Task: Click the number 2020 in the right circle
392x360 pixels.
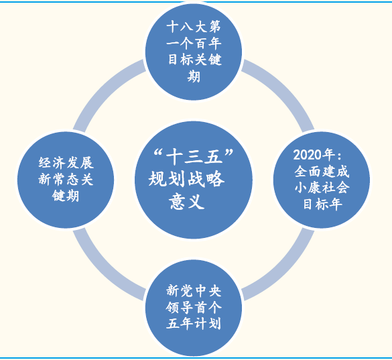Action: click(307, 155)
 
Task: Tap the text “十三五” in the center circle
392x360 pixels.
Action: click(194, 157)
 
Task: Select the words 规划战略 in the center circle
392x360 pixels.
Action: click(186, 179)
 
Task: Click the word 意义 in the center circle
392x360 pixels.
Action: click(186, 202)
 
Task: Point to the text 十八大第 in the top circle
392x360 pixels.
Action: click(194, 27)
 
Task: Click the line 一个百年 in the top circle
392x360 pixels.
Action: click(194, 44)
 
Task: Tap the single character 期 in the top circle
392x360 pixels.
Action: click(194, 76)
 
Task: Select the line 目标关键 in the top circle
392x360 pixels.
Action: click(195, 60)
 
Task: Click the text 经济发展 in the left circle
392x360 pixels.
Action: click(66, 163)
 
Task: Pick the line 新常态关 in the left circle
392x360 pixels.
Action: click(66, 180)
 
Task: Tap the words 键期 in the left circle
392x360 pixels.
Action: click(66, 196)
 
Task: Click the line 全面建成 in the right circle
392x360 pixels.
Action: click(322, 172)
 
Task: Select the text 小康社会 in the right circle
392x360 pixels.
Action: click(322, 188)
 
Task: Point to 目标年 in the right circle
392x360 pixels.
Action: click(322, 204)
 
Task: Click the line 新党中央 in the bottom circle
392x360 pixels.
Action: click(194, 291)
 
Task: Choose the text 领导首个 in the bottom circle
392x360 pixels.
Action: click(194, 307)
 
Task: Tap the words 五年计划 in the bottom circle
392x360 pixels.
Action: click(194, 324)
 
